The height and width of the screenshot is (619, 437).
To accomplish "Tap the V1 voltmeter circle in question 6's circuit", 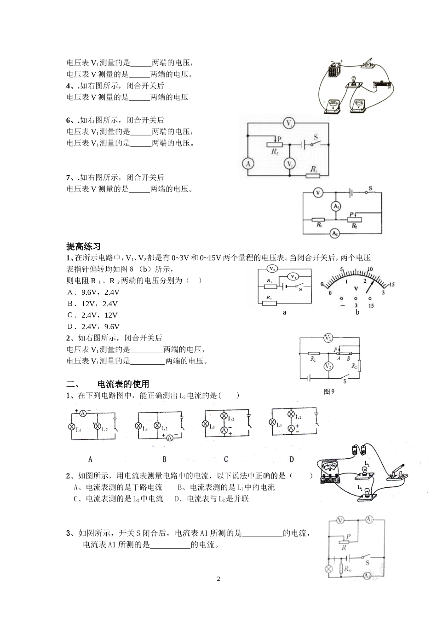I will click(x=289, y=123).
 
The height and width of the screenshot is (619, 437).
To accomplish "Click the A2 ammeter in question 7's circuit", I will click(x=335, y=234).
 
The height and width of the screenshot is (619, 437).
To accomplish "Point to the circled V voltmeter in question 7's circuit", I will click(x=317, y=193).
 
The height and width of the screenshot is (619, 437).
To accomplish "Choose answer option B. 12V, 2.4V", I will click(x=92, y=304).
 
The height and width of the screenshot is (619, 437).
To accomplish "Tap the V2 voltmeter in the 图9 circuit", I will click(x=328, y=366).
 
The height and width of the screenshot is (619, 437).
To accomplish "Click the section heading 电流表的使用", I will click(x=123, y=384).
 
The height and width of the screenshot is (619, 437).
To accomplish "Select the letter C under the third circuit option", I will click(x=226, y=459).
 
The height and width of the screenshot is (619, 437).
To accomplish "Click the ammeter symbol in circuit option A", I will click(x=83, y=413).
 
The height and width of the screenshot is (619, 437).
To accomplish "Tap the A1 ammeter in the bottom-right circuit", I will click(x=367, y=576).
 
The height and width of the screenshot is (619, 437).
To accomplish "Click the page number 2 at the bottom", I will click(x=218, y=579).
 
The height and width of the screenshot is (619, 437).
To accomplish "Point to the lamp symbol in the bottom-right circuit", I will click(x=329, y=569).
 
